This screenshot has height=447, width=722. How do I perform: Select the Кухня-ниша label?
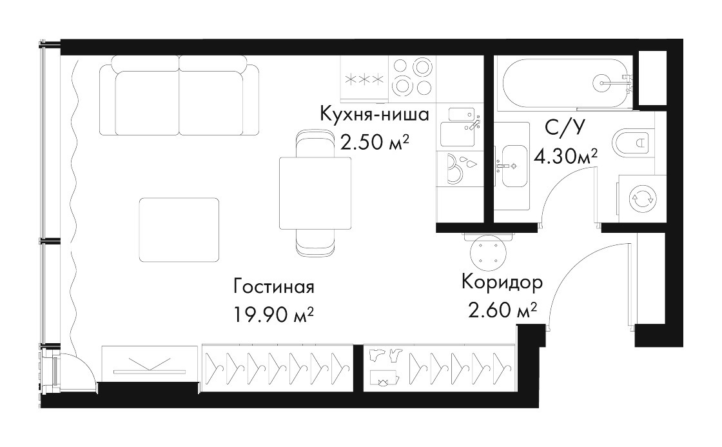(x=375, y=114)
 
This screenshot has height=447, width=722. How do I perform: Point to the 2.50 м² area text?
(x=375, y=143)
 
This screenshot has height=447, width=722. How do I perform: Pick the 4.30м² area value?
(x=565, y=157)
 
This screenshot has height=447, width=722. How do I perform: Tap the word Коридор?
(x=502, y=282)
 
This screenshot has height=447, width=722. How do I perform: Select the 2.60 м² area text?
(x=502, y=310)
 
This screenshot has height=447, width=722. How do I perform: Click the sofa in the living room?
(x=179, y=95)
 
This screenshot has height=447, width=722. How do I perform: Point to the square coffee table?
(x=179, y=230)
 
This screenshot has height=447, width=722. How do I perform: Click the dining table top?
(x=315, y=193)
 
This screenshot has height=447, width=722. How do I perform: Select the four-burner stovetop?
(x=412, y=77)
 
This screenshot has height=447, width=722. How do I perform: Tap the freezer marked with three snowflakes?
(x=365, y=79)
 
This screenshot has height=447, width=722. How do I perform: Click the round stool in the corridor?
(x=489, y=253)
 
